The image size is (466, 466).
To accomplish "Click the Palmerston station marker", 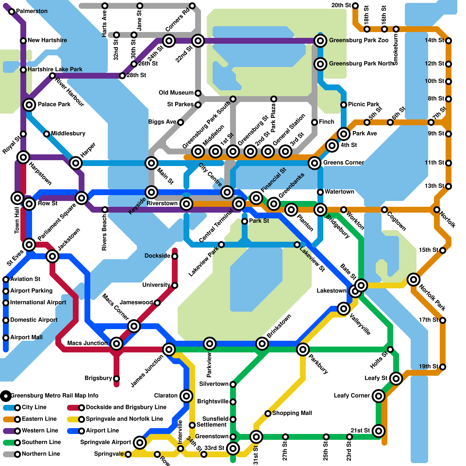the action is click(12, 12).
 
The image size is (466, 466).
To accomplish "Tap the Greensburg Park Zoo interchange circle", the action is click(320, 41).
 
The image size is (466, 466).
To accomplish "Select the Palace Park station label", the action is click(54, 104).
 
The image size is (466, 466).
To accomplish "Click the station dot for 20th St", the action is click(355, 6).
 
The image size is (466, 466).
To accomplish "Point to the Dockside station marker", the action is click(175, 256).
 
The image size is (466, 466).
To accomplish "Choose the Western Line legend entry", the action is click(40, 430).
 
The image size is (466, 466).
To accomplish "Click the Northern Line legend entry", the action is click(41, 454).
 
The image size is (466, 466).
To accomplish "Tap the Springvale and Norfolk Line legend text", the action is click(124, 419).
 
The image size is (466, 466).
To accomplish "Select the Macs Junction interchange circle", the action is click(116, 344).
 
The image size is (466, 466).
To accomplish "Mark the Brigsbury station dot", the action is click(116, 379).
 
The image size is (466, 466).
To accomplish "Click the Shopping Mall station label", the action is click(292, 413).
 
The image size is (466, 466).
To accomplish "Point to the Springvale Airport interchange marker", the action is click(140, 443).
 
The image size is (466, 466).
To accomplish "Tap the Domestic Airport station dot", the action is click(6, 320).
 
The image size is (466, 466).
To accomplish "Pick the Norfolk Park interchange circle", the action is click(413, 280).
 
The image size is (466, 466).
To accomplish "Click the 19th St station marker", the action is click(443, 367).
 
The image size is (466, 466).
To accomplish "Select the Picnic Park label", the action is click(363, 104).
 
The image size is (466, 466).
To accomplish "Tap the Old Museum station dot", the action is click(198, 93).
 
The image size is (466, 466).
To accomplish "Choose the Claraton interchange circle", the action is click(186, 396).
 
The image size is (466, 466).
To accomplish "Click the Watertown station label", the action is click(339, 192).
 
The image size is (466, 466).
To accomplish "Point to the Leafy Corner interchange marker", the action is click(379, 396).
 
